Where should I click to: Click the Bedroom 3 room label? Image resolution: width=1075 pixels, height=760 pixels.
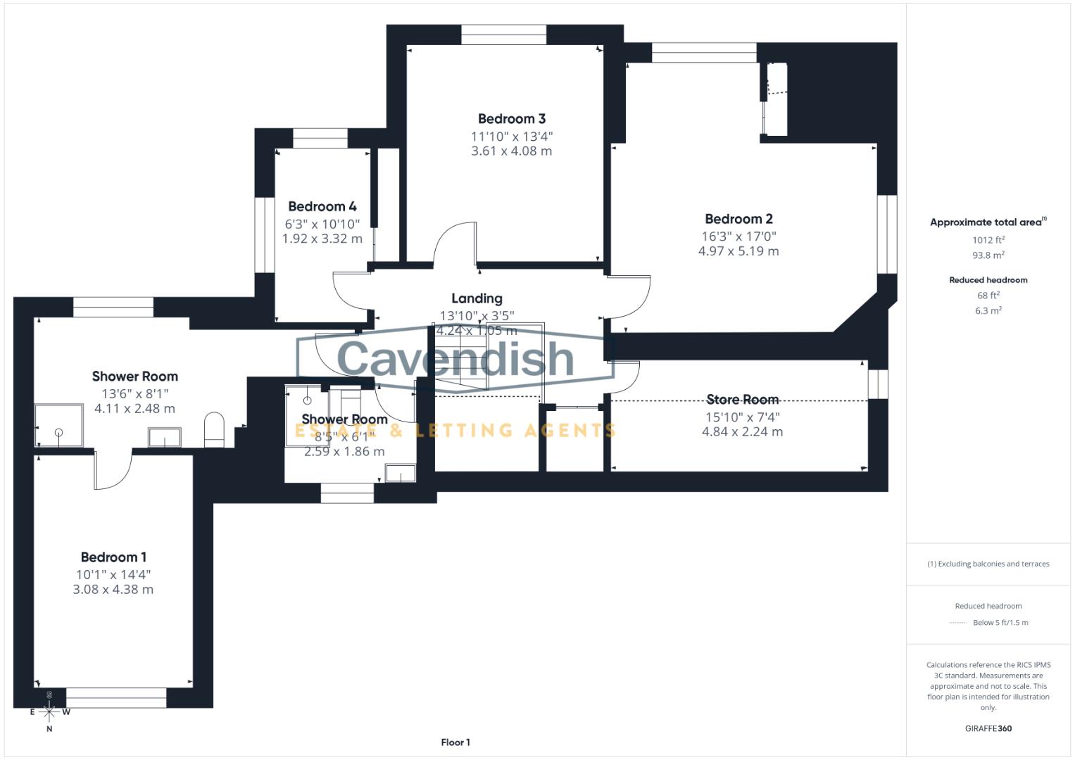(512, 119)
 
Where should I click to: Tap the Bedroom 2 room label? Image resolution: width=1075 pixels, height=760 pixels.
(738, 219)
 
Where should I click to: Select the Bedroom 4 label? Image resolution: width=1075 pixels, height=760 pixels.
(322, 206)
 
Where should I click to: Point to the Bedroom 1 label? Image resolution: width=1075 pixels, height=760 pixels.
(113, 557)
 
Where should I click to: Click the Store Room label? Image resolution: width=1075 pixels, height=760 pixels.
(742, 400)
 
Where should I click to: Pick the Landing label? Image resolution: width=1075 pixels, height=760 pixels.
(477, 298)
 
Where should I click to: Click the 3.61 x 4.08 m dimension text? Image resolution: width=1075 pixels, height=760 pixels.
(512, 151)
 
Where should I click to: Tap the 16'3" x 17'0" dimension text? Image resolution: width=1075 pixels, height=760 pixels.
(738, 236)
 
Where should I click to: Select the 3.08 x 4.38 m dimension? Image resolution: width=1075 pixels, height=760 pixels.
(113, 590)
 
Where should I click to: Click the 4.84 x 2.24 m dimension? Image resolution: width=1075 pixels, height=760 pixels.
(742, 432)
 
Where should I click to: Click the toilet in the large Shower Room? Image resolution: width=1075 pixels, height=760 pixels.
(214, 429)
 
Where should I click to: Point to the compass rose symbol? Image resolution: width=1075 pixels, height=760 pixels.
(49, 711)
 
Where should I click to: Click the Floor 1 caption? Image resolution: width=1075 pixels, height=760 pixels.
(455, 742)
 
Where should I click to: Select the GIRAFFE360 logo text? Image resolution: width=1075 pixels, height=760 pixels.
(988, 728)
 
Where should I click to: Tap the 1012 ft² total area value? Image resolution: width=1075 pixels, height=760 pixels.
(988, 240)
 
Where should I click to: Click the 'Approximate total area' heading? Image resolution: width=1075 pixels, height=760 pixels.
(987, 222)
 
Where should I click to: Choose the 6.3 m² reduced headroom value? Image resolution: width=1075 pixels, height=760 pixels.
(988, 310)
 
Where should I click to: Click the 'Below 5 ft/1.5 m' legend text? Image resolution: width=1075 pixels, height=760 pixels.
(1000, 623)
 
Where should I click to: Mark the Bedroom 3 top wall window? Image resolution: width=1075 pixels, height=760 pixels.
(503, 34)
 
